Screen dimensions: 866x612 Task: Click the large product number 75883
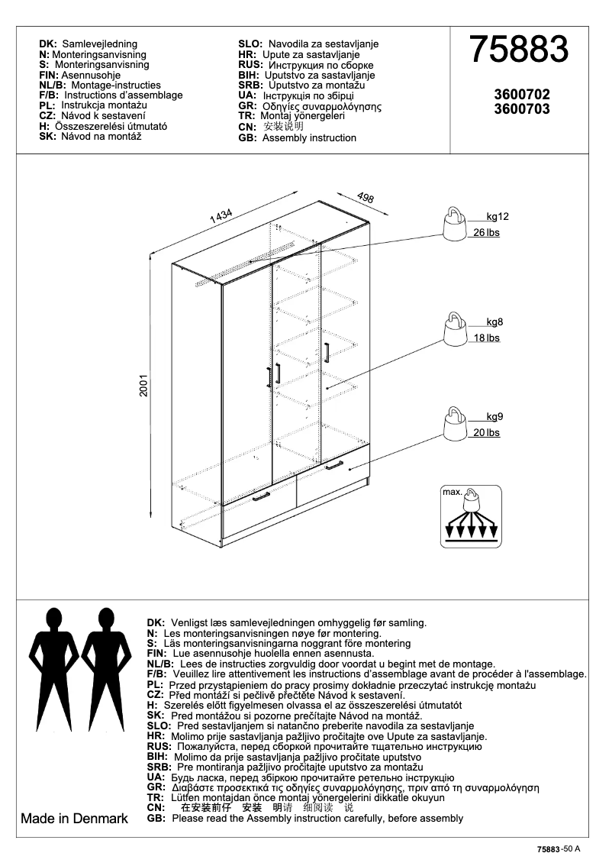pos(518,50)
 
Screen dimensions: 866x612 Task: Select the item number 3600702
pos(522,95)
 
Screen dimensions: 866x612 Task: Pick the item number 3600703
pos(522,109)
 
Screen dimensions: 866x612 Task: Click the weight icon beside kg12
pos(455,225)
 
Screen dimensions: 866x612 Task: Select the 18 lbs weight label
pos(486,338)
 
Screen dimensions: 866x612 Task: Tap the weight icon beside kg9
pos(455,424)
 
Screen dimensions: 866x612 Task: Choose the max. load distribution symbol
pos(472,515)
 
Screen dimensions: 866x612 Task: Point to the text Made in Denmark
pos(74,819)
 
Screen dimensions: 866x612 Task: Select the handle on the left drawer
pos(260,496)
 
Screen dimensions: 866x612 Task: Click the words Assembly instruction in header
pos(309,138)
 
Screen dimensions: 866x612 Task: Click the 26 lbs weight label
pos(486,232)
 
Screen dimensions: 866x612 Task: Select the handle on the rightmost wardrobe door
pos(326,353)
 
